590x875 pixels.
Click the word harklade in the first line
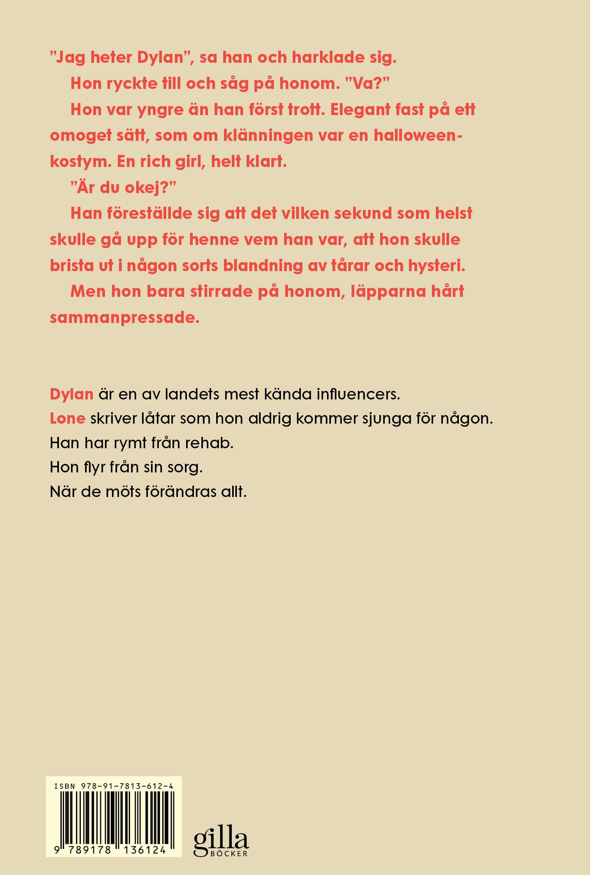point(327,58)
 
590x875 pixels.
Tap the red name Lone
point(68,418)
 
